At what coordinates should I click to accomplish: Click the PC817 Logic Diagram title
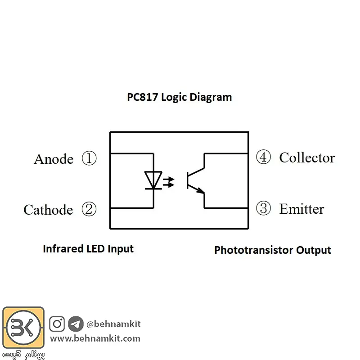179,97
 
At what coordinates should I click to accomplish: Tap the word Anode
54,159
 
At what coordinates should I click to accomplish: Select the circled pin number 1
89,158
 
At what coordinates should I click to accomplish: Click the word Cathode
48,210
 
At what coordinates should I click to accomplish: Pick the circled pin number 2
89,209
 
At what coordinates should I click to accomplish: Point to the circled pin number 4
263,157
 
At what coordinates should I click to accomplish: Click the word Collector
307,158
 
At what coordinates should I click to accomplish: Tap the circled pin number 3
263,208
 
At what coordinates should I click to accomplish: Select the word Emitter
301,209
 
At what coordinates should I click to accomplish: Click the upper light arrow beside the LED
169,179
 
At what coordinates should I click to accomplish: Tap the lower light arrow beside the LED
169,184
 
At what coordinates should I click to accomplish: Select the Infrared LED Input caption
88,249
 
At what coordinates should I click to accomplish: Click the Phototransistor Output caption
273,250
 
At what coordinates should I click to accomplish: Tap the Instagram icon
57,324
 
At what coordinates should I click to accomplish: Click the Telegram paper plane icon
76,324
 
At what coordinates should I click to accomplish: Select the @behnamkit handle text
113,324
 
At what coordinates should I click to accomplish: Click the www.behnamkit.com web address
95,338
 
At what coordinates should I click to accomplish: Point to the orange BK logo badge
23,328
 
